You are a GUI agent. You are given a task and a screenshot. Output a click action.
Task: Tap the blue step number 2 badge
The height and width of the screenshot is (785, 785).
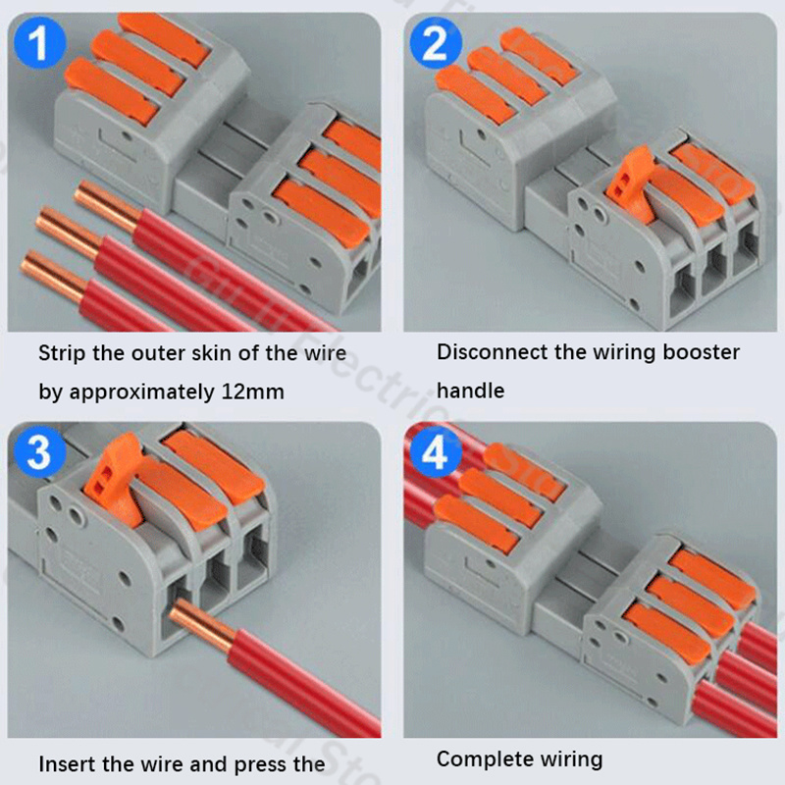[435, 44]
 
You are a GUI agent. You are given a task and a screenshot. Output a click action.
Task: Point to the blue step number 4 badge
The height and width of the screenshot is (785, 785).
[435, 452]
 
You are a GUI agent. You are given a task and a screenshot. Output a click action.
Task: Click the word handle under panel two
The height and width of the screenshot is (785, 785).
[470, 391]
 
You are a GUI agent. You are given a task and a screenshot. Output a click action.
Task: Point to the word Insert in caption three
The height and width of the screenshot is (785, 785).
[65, 763]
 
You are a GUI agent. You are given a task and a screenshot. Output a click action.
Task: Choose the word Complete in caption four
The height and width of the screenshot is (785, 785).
[480, 759]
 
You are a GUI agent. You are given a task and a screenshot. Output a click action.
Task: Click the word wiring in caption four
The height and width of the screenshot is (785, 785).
[567, 759]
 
